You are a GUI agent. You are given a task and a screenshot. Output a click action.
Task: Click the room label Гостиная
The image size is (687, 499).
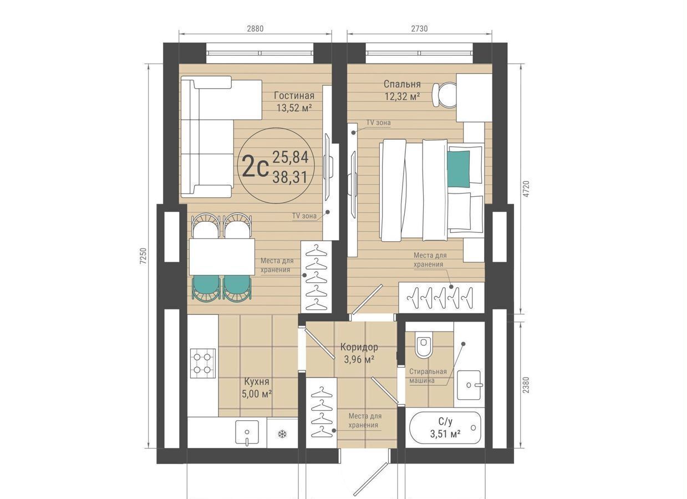point(294,96)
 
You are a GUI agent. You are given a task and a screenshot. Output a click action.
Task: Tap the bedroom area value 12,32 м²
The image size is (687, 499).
point(402,96)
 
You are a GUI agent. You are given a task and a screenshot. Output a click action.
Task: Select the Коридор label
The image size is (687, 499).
point(359,347)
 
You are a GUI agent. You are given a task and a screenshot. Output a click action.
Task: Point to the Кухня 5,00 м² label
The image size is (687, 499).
point(257,388)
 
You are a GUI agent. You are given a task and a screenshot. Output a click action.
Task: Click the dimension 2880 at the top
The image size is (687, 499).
point(255,28)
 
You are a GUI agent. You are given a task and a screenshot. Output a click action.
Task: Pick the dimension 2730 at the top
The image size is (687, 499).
point(419,28)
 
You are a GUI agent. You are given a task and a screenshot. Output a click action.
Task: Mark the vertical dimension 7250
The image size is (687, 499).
point(143,256)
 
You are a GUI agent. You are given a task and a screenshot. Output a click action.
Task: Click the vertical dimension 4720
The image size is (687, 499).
point(526,189)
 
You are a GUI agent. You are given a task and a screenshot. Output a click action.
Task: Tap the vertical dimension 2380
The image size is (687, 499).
point(526,385)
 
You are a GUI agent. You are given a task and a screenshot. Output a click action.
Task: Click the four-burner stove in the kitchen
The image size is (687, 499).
point(203,363)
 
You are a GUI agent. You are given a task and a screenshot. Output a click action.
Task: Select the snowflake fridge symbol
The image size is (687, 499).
point(282,434)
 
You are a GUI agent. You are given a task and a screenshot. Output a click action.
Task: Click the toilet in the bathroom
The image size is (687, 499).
point(424,344)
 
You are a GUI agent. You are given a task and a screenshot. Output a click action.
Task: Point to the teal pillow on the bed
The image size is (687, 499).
point(459,169)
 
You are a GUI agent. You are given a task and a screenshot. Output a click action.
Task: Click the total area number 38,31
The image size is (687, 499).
point(290,177)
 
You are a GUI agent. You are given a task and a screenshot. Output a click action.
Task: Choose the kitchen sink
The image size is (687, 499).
point(247,432)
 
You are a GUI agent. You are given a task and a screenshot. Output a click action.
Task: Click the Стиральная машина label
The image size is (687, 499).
point(428,376)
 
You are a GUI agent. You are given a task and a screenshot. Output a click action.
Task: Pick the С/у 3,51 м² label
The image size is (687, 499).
point(445,428)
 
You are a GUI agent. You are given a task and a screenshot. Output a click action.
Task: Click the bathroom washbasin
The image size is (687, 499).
point(469,385)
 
